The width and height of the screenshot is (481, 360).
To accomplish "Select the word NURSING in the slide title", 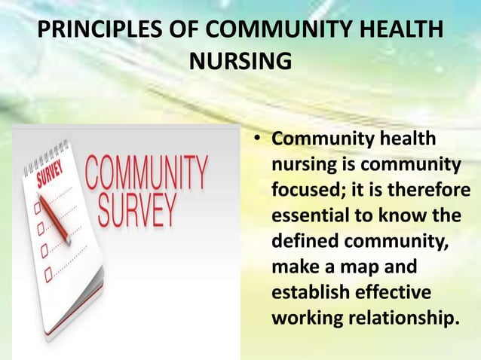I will pos(240,60).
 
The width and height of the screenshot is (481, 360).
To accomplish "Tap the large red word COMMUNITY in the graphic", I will pos(147,172).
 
